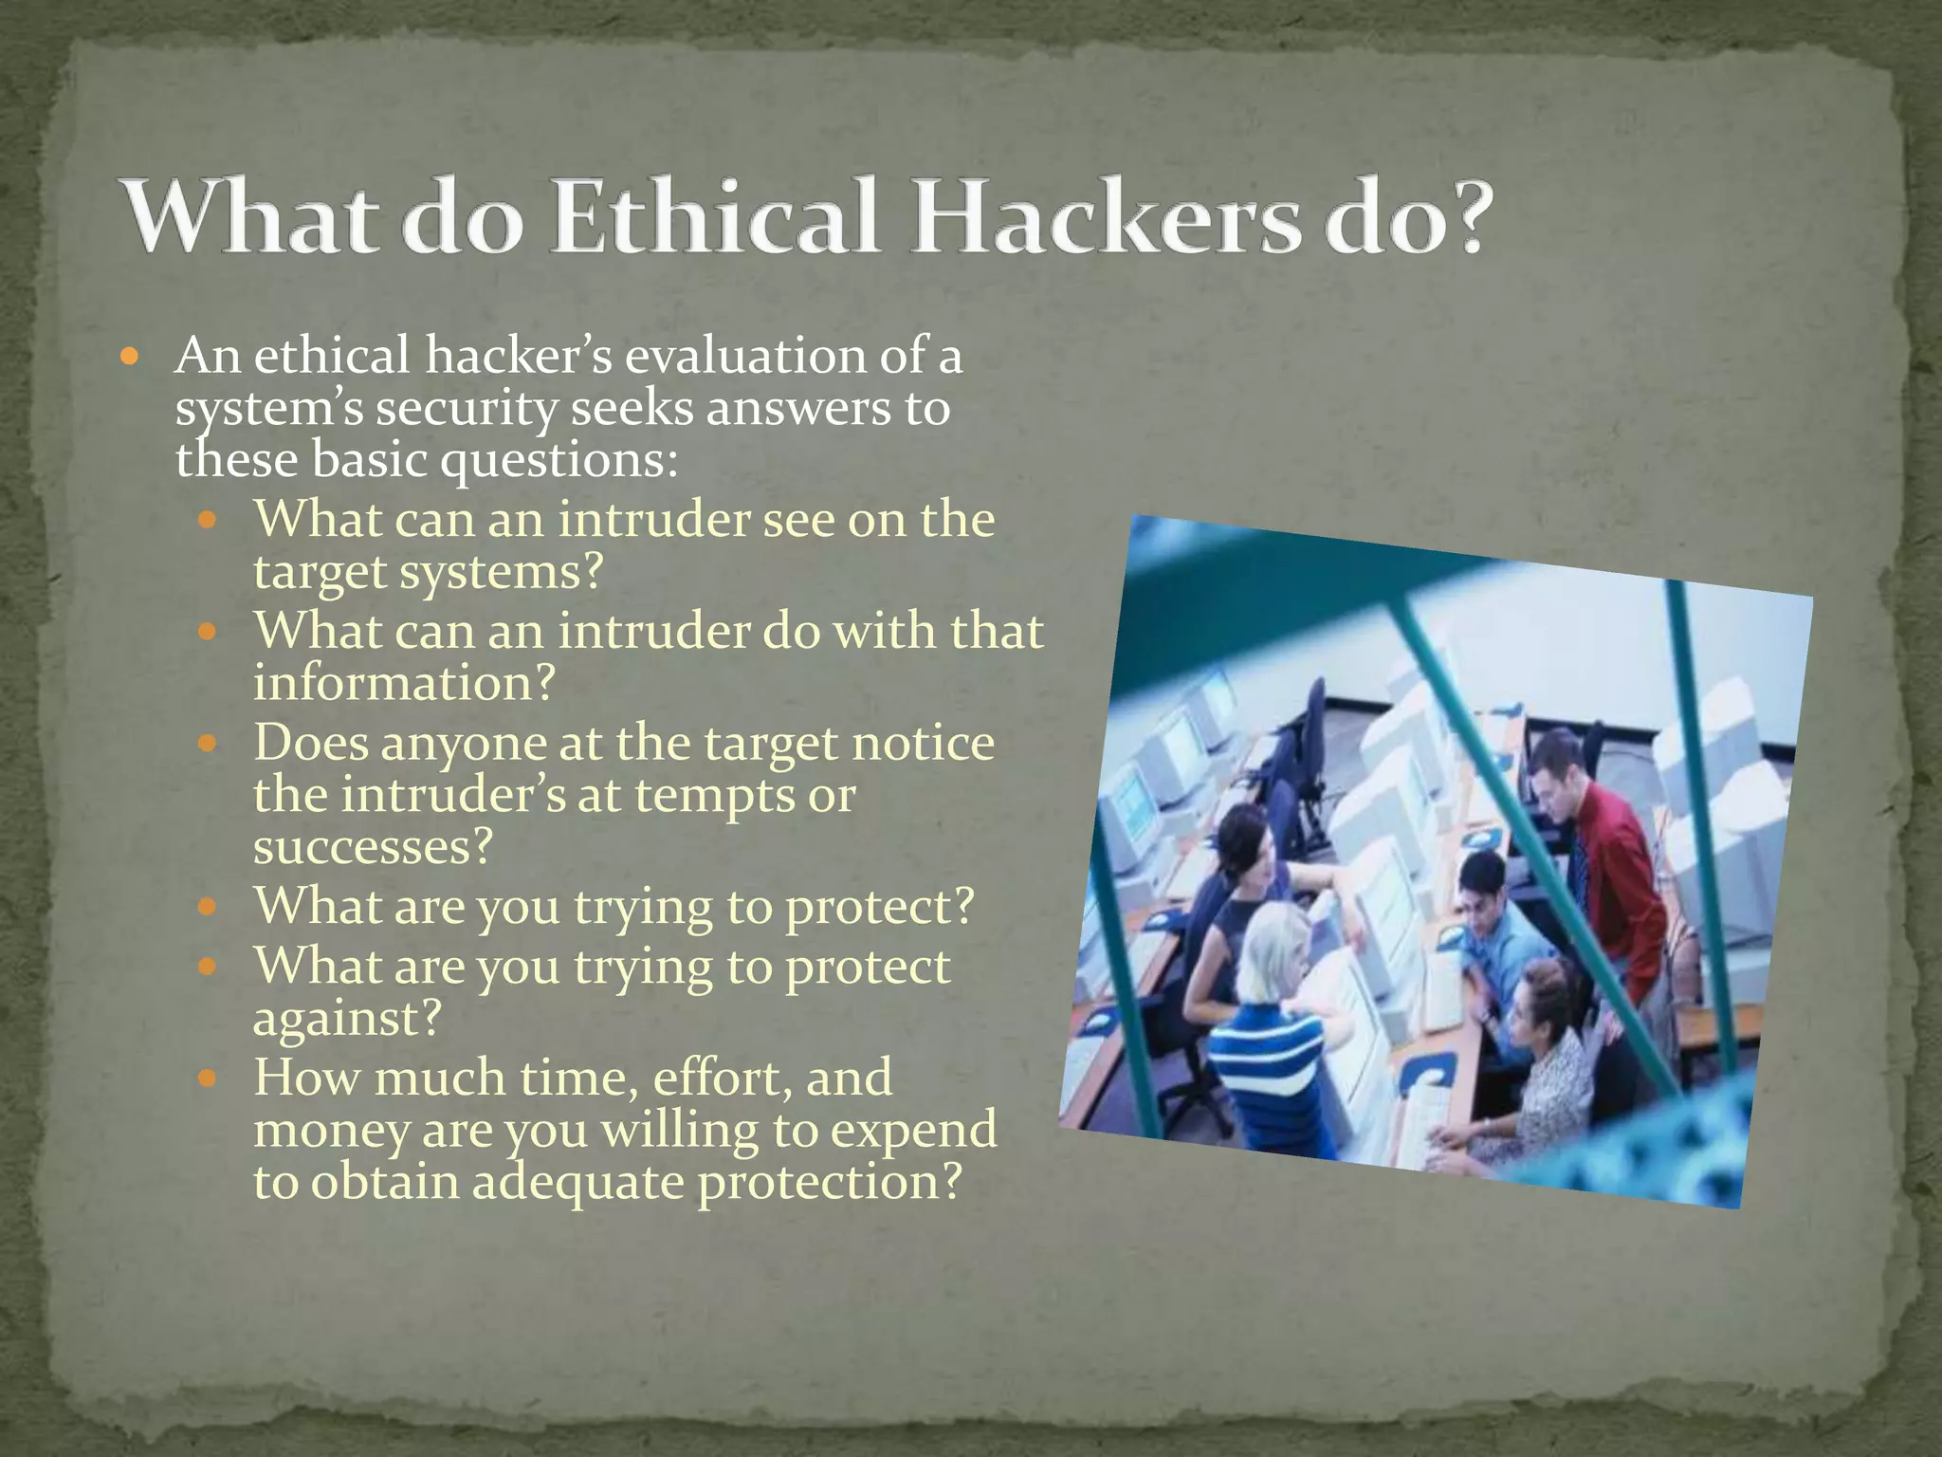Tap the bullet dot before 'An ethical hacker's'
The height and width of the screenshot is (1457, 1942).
pyautogui.click(x=131, y=359)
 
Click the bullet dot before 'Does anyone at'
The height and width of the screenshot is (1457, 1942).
pyautogui.click(x=209, y=744)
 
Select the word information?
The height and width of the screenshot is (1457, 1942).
pyautogui.click(x=404, y=683)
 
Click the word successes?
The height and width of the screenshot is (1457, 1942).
pyautogui.click(x=374, y=847)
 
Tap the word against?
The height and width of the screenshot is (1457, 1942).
pyautogui.click(x=347, y=1019)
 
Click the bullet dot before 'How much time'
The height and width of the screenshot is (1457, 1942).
pyautogui.click(x=209, y=1079)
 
